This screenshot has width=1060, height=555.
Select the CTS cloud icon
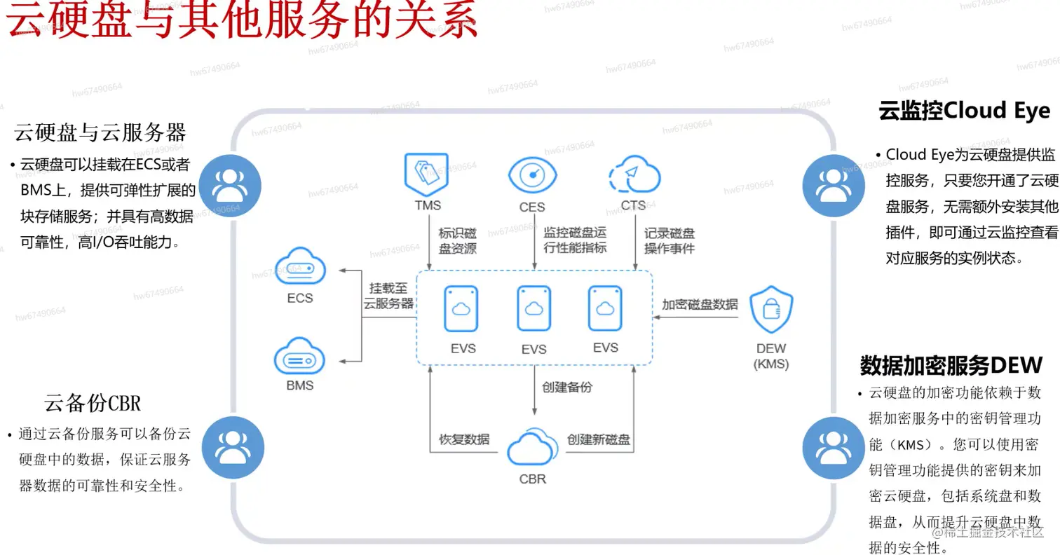coord(634,174)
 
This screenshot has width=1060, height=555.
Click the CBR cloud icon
coord(532,448)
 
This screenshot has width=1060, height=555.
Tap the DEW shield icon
coord(771,313)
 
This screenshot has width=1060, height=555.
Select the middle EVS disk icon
coord(534,308)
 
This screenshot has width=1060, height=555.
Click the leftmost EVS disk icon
coord(461,308)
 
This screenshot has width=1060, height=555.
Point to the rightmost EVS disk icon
coord(605,308)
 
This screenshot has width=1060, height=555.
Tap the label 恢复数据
coord(464,439)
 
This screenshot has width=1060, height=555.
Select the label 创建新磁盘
coord(599,439)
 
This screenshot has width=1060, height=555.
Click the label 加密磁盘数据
coord(700,304)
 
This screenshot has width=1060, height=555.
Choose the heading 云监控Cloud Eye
coord(964,111)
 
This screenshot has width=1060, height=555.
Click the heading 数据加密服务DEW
coord(951,365)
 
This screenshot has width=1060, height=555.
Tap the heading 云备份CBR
coord(93,403)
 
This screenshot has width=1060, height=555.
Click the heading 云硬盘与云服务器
coord(100,132)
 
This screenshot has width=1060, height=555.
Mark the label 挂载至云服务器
coord(388,295)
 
